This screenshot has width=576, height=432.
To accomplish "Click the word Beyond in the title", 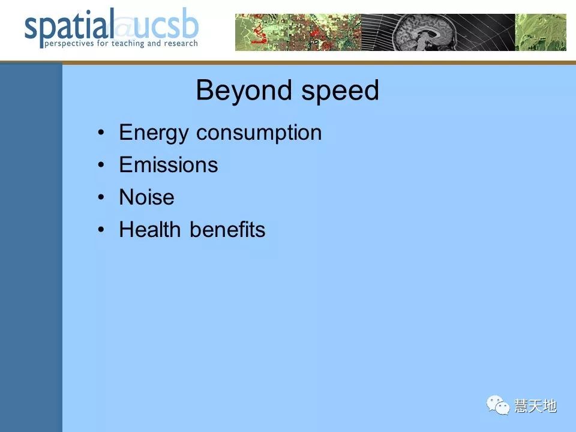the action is pos(244,91).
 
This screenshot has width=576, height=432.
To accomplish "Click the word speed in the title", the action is pos(340,91).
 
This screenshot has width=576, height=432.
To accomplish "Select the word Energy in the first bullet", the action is pos(154,133).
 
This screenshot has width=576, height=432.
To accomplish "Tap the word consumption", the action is pos(259,133).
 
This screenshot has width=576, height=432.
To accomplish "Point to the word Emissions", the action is pos(169,164).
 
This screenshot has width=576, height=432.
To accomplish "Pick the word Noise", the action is pos(147,197).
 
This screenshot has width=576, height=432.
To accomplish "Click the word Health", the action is pos(150,230).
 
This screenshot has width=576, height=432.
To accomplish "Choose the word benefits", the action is pos(228,230).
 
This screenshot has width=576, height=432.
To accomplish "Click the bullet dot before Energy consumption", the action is pos(101,133).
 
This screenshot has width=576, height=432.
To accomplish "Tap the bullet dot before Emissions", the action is pos(101,165).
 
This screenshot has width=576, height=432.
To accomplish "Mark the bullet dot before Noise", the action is pos(101,197).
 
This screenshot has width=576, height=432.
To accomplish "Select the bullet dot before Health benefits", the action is pos(101,230).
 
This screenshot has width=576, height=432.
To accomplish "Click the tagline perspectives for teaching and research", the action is pos(121,44).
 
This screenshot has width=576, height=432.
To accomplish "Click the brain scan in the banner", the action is pos(425,32).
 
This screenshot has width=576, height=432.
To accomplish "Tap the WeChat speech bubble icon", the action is pos(498,405).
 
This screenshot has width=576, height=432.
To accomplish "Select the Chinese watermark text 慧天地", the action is pos(536,406).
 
